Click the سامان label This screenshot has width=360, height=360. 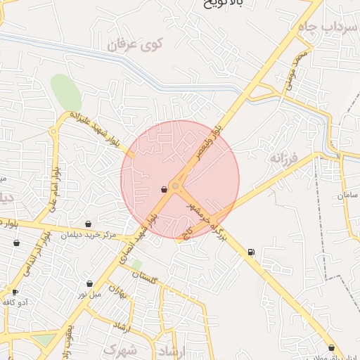tap(347, 195)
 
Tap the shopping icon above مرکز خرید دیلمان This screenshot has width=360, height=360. tap(88, 224)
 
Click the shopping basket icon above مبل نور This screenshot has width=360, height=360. tap(89, 283)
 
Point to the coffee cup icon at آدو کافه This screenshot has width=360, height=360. tap(15, 292)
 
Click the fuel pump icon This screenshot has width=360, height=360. tap(251, 252)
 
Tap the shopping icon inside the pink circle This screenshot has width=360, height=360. tap(164, 188)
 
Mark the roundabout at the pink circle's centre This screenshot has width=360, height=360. tap(175, 186)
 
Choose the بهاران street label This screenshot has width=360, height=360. tap(125, 292)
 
